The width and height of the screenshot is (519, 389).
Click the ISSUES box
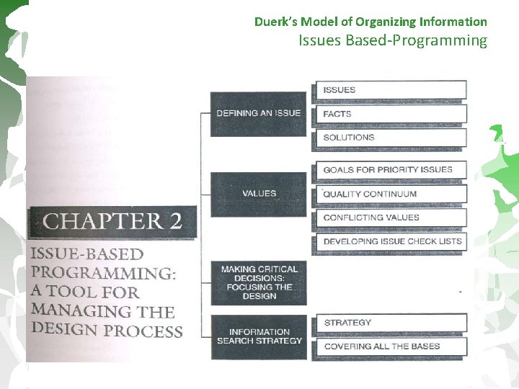tap(390, 90)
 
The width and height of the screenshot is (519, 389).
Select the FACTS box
tap(390, 114)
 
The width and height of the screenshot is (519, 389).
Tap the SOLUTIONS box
tap(390, 138)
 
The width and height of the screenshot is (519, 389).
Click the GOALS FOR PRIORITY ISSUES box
tap(390, 170)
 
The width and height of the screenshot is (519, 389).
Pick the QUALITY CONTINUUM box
tap(390, 194)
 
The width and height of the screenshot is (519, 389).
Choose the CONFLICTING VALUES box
tap(390, 218)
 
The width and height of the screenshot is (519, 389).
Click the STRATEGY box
tap(390, 323)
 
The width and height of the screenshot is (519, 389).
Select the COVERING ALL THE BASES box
tap(390, 346)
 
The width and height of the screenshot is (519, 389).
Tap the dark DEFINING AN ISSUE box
tap(259, 114)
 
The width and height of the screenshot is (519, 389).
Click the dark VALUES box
tap(259, 194)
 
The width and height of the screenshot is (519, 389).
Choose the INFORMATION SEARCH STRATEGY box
tap(259, 336)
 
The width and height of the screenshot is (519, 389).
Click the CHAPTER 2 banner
tap(112, 221)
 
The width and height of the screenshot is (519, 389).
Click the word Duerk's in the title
tap(275, 22)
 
